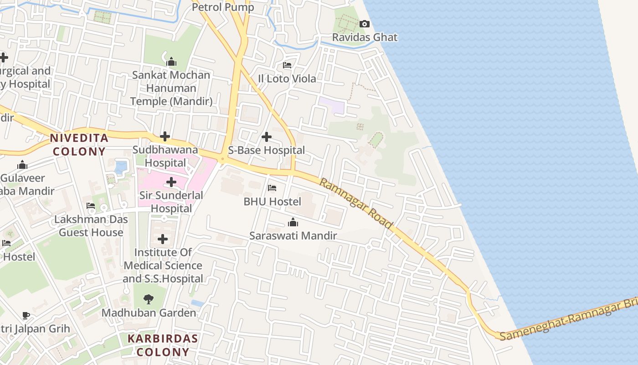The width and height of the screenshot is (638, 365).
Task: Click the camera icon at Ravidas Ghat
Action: pyautogui.click(x=364, y=24)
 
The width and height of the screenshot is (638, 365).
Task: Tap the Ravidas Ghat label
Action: pyautogui.click(x=365, y=37)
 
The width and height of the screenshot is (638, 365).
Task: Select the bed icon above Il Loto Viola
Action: pyautogui.click(x=287, y=65)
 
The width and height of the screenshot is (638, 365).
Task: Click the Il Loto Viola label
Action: pyautogui.click(x=287, y=79)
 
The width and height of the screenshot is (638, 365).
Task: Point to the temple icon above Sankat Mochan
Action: pyautogui.click(x=171, y=62)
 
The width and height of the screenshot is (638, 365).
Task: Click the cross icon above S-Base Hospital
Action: pyautogui.click(x=267, y=136)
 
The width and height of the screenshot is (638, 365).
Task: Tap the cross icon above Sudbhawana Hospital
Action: pyautogui.click(x=165, y=136)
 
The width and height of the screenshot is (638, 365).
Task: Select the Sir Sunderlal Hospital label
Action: pyautogui.click(x=171, y=202)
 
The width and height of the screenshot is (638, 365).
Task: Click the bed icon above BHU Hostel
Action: pyautogui.click(x=272, y=188)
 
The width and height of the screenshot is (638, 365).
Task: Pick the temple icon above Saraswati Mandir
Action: pyautogui.click(x=293, y=223)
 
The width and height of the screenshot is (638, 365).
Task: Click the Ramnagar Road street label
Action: pyautogui.click(x=356, y=203)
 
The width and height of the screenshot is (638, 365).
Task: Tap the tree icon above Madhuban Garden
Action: pyautogui.click(x=149, y=299)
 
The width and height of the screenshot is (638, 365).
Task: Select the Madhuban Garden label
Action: pyautogui.click(x=149, y=313)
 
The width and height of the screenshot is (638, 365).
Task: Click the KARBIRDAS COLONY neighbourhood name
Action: pyautogui.click(x=163, y=345)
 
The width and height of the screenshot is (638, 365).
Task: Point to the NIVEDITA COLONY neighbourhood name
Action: pyautogui.click(x=79, y=145)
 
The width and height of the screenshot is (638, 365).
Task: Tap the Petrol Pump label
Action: pyautogui.click(x=223, y=7)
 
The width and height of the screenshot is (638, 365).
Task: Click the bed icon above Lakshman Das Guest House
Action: pyautogui.click(x=91, y=206)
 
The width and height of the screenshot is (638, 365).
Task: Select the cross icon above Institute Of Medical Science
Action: pyautogui.click(x=163, y=239)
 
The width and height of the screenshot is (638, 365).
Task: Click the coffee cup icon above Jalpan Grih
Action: pyautogui.click(x=26, y=315)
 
